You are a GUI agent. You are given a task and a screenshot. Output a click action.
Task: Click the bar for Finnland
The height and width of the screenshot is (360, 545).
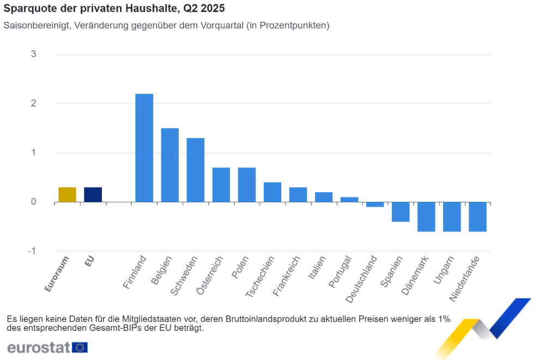(144, 148)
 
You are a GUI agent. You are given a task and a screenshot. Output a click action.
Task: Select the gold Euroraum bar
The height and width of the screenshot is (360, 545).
(67, 195)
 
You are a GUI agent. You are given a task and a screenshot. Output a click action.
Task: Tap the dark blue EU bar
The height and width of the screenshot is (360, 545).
(93, 195)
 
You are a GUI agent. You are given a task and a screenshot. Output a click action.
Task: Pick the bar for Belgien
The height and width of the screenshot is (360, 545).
(169, 165)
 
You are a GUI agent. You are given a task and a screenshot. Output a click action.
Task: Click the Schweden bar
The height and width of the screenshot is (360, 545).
(195, 170)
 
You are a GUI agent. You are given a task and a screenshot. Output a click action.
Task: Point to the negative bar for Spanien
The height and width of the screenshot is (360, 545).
(401, 212)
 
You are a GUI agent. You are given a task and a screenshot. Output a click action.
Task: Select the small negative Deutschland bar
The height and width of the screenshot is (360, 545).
(375, 205)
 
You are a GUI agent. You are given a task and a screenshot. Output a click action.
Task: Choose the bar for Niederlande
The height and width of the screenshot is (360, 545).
(477, 217)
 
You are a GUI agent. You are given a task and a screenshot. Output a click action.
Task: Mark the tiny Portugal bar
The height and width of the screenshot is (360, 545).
(349, 200)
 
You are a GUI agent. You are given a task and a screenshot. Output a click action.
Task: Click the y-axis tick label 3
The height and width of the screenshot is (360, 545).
(34, 54)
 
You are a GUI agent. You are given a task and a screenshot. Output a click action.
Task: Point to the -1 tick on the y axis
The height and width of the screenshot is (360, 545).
(32, 251)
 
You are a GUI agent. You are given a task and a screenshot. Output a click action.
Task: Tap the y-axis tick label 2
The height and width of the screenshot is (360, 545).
(34, 103)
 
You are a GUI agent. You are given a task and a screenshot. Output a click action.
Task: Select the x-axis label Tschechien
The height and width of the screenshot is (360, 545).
(261, 277)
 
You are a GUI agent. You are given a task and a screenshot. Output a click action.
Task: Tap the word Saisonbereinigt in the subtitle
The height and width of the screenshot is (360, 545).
(35, 26)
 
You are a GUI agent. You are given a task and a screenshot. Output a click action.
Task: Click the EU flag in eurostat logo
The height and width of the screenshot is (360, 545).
(80, 347)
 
